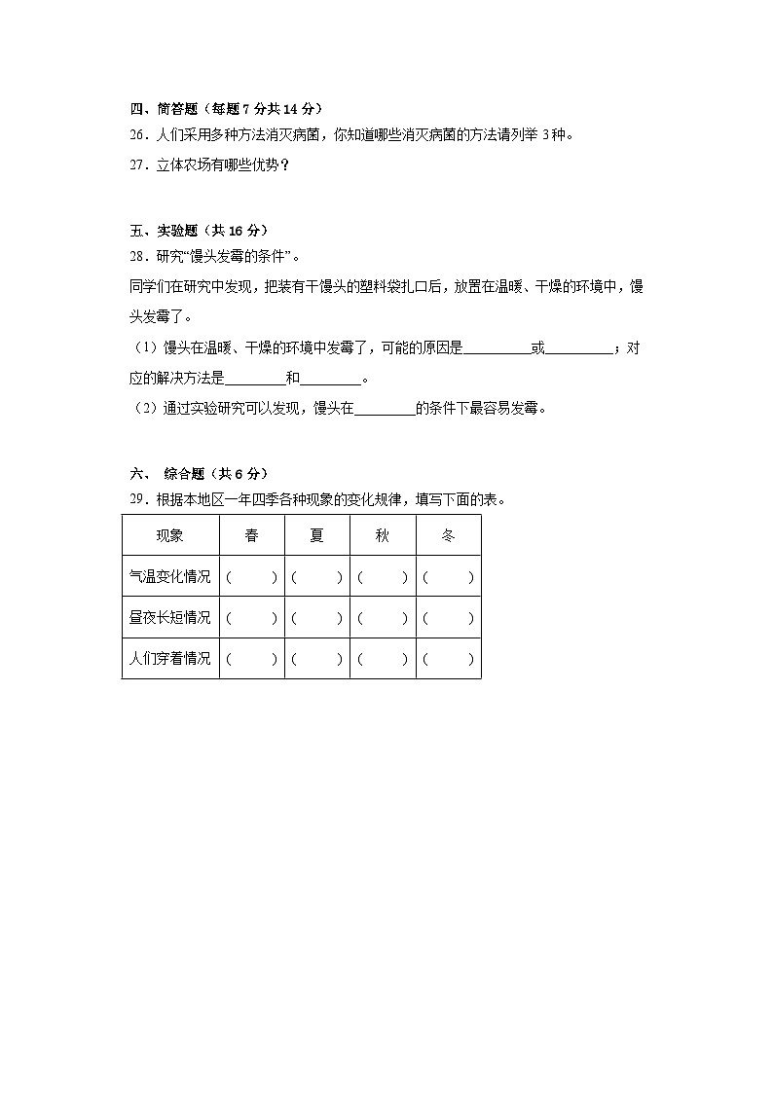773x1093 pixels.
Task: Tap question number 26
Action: click(137, 135)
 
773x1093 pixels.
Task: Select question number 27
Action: click(137, 165)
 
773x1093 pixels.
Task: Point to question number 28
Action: click(137, 257)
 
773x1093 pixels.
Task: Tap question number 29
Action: click(137, 500)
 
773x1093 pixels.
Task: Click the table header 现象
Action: click(169, 535)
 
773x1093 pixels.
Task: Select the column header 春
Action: click(252, 535)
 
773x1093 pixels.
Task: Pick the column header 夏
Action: click(316, 535)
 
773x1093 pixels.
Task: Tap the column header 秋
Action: click(383, 535)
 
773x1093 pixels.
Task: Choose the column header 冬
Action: click(448, 535)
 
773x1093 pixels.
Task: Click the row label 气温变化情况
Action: click(169, 576)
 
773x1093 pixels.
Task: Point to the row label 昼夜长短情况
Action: click(169, 617)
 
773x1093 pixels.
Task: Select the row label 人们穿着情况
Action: click(169, 658)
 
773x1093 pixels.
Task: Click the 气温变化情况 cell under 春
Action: click(252, 576)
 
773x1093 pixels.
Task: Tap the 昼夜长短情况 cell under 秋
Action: click(383, 617)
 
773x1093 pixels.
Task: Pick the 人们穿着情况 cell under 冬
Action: click(448, 658)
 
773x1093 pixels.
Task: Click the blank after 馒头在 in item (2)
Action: click(385, 409)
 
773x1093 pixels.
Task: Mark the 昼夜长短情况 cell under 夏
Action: click(316, 617)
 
